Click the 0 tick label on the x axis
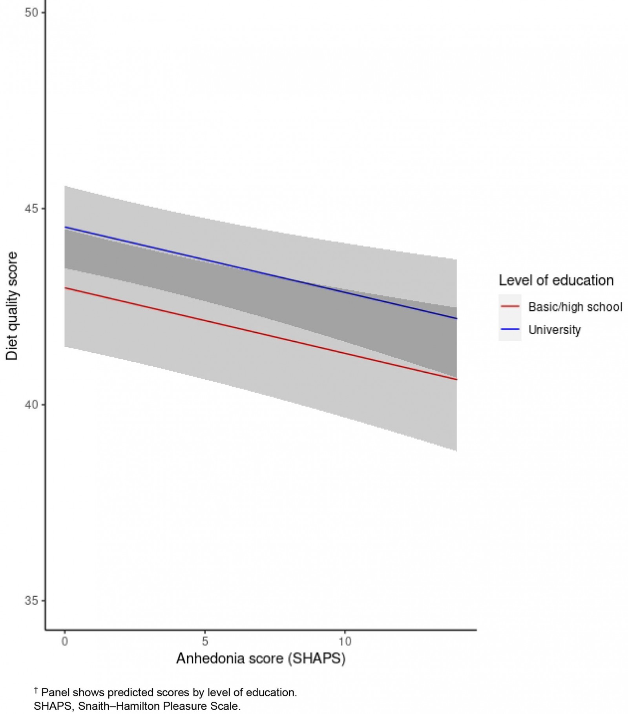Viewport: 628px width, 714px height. click(x=65, y=641)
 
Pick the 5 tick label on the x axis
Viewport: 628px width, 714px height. click(x=204, y=641)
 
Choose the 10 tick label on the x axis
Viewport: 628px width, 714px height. click(x=345, y=641)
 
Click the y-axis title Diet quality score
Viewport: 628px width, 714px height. click(x=12, y=306)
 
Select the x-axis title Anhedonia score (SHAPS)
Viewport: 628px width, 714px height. click(x=261, y=659)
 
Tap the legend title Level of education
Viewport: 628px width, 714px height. click(x=556, y=280)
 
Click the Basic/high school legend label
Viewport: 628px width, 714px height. click(x=575, y=307)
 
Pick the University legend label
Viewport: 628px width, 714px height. click(x=554, y=330)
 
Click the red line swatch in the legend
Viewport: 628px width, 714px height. click(x=510, y=306)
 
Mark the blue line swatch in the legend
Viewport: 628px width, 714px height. click(x=510, y=329)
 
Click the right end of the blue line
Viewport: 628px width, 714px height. click(x=456, y=319)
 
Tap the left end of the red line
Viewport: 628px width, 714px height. click(x=65, y=288)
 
